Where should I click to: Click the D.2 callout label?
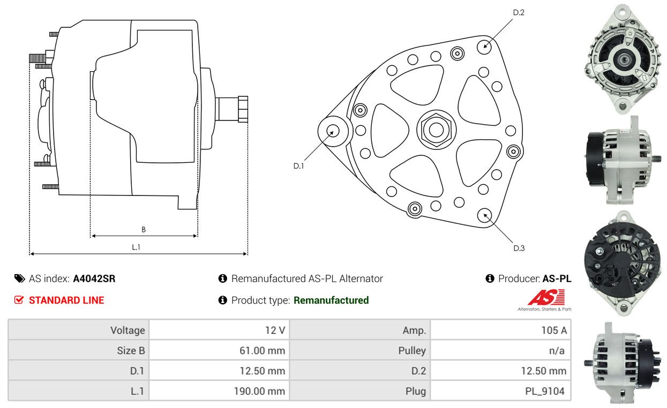(x=519, y=12)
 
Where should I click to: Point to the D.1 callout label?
(x=298, y=166)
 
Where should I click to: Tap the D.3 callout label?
(x=519, y=248)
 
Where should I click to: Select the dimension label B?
(x=144, y=230)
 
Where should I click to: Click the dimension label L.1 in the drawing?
(x=136, y=247)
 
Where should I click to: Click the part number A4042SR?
(x=94, y=278)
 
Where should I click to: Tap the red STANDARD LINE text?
(x=66, y=300)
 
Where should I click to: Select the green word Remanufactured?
(x=331, y=300)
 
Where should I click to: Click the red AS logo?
(x=546, y=297)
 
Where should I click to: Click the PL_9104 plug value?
(x=545, y=391)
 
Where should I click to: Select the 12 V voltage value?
(x=275, y=330)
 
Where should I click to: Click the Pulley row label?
(x=412, y=351)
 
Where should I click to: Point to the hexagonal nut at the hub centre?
(x=436, y=130)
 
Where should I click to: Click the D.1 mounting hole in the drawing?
(x=333, y=131)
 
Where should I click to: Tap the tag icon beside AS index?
(x=20, y=278)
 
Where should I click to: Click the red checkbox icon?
(x=19, y=300)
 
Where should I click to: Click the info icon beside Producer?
(x=490, y=278)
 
